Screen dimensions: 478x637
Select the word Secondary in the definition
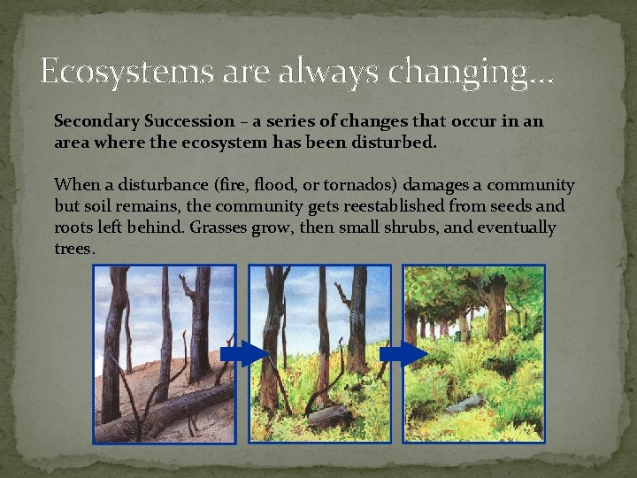94,120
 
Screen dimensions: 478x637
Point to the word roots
75,228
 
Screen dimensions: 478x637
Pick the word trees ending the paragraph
73,250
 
